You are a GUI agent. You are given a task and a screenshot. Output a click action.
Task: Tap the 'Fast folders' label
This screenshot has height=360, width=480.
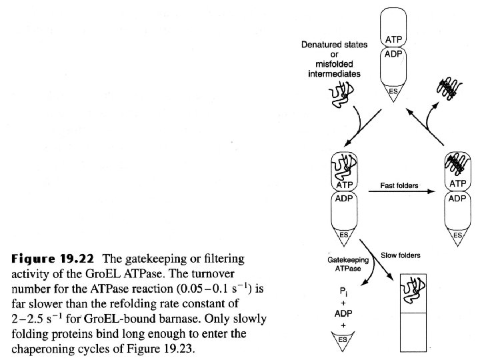(399, 185)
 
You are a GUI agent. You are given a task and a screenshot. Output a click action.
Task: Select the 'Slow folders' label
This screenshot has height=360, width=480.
(399, 255)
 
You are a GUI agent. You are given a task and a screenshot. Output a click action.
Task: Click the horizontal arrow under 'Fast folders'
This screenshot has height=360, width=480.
(399, 194)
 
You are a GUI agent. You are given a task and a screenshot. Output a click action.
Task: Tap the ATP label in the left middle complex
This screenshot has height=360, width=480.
(345, 184)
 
